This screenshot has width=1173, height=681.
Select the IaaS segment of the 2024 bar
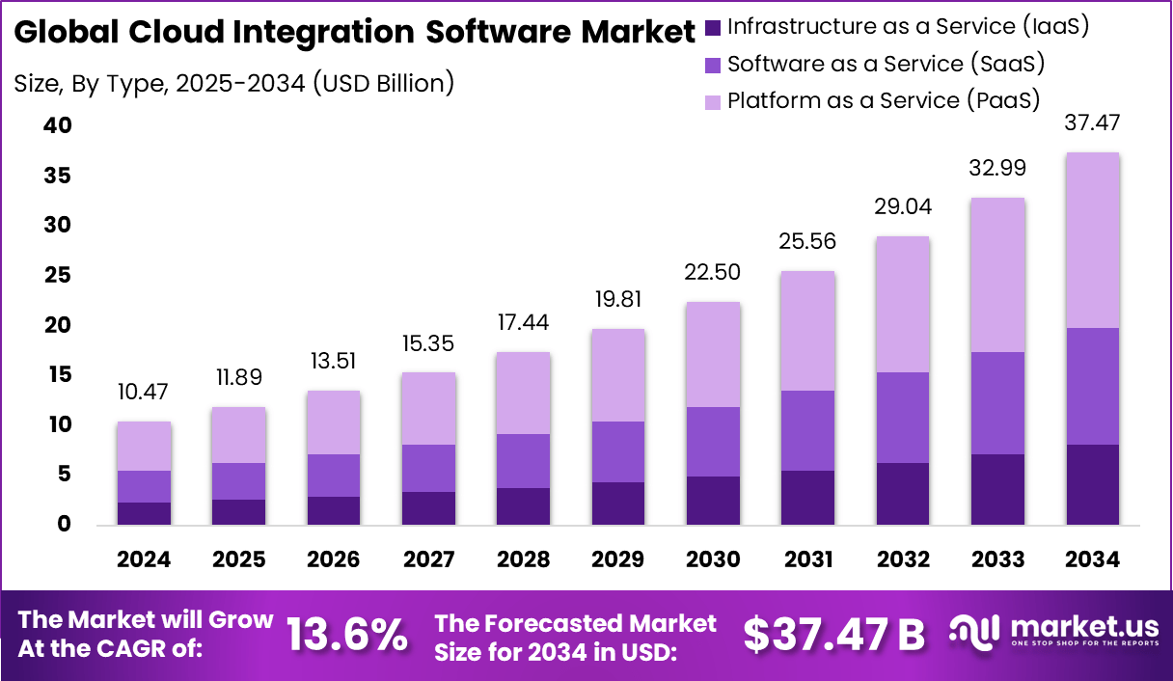click(144, 513)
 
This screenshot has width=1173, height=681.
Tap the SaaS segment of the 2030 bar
click(713, 442)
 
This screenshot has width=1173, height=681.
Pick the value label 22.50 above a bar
click(713, 273)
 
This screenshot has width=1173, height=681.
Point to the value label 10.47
click(144, 393)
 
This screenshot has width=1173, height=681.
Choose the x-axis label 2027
click(428, 559)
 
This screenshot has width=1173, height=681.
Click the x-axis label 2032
click(902, 559)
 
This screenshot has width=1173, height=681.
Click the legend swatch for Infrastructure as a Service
click(713, 28)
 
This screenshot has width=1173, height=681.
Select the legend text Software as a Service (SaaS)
click(887, 65)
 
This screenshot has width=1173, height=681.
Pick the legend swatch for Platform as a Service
click(713, 101)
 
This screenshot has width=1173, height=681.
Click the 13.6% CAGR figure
click(347, 634)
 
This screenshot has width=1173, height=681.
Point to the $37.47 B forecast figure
click(833, 634)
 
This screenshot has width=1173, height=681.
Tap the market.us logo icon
click(975, 631)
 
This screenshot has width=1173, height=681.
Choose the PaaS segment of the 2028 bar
click(523, 394)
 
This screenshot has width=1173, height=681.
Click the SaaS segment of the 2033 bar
click(996, 403)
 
